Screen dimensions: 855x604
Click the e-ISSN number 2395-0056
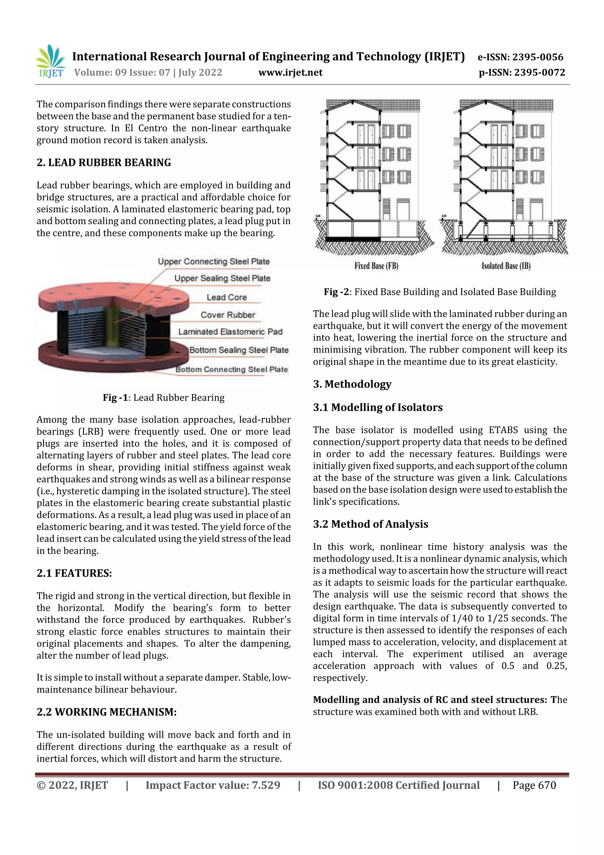pyautogui.click(x=537, y=57)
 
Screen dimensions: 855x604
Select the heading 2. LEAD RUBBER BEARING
pyautogui.click(x=104, y=163)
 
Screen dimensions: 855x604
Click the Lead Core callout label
pyautogui.click(x=226, y=297)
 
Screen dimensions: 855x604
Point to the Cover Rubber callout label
pyautogui.click(x=228, y=315)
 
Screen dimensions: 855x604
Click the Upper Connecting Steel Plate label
pyautogui.click(x=214, y=261)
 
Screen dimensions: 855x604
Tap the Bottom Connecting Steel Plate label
pyautogui.click(x=232, y=370)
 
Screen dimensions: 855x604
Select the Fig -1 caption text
pyautogui.click(x=164, y=398)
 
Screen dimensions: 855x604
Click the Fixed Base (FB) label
pyautogui.click(x=376, y=266)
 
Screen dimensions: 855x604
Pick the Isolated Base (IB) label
pyautogui.click(x=506, y=266)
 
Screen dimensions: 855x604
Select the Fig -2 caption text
pyautogui.click(x=440, y=292)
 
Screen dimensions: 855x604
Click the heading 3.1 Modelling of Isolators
pyautogui.click(x=378, y=407)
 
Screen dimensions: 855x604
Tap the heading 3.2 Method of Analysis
pyautogui.click(x=371, y=524)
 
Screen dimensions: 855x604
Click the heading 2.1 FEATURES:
pyautogui.click(x=74, y=573)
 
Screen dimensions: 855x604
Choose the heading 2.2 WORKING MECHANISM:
pyautogui.click(x=106, y=712)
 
